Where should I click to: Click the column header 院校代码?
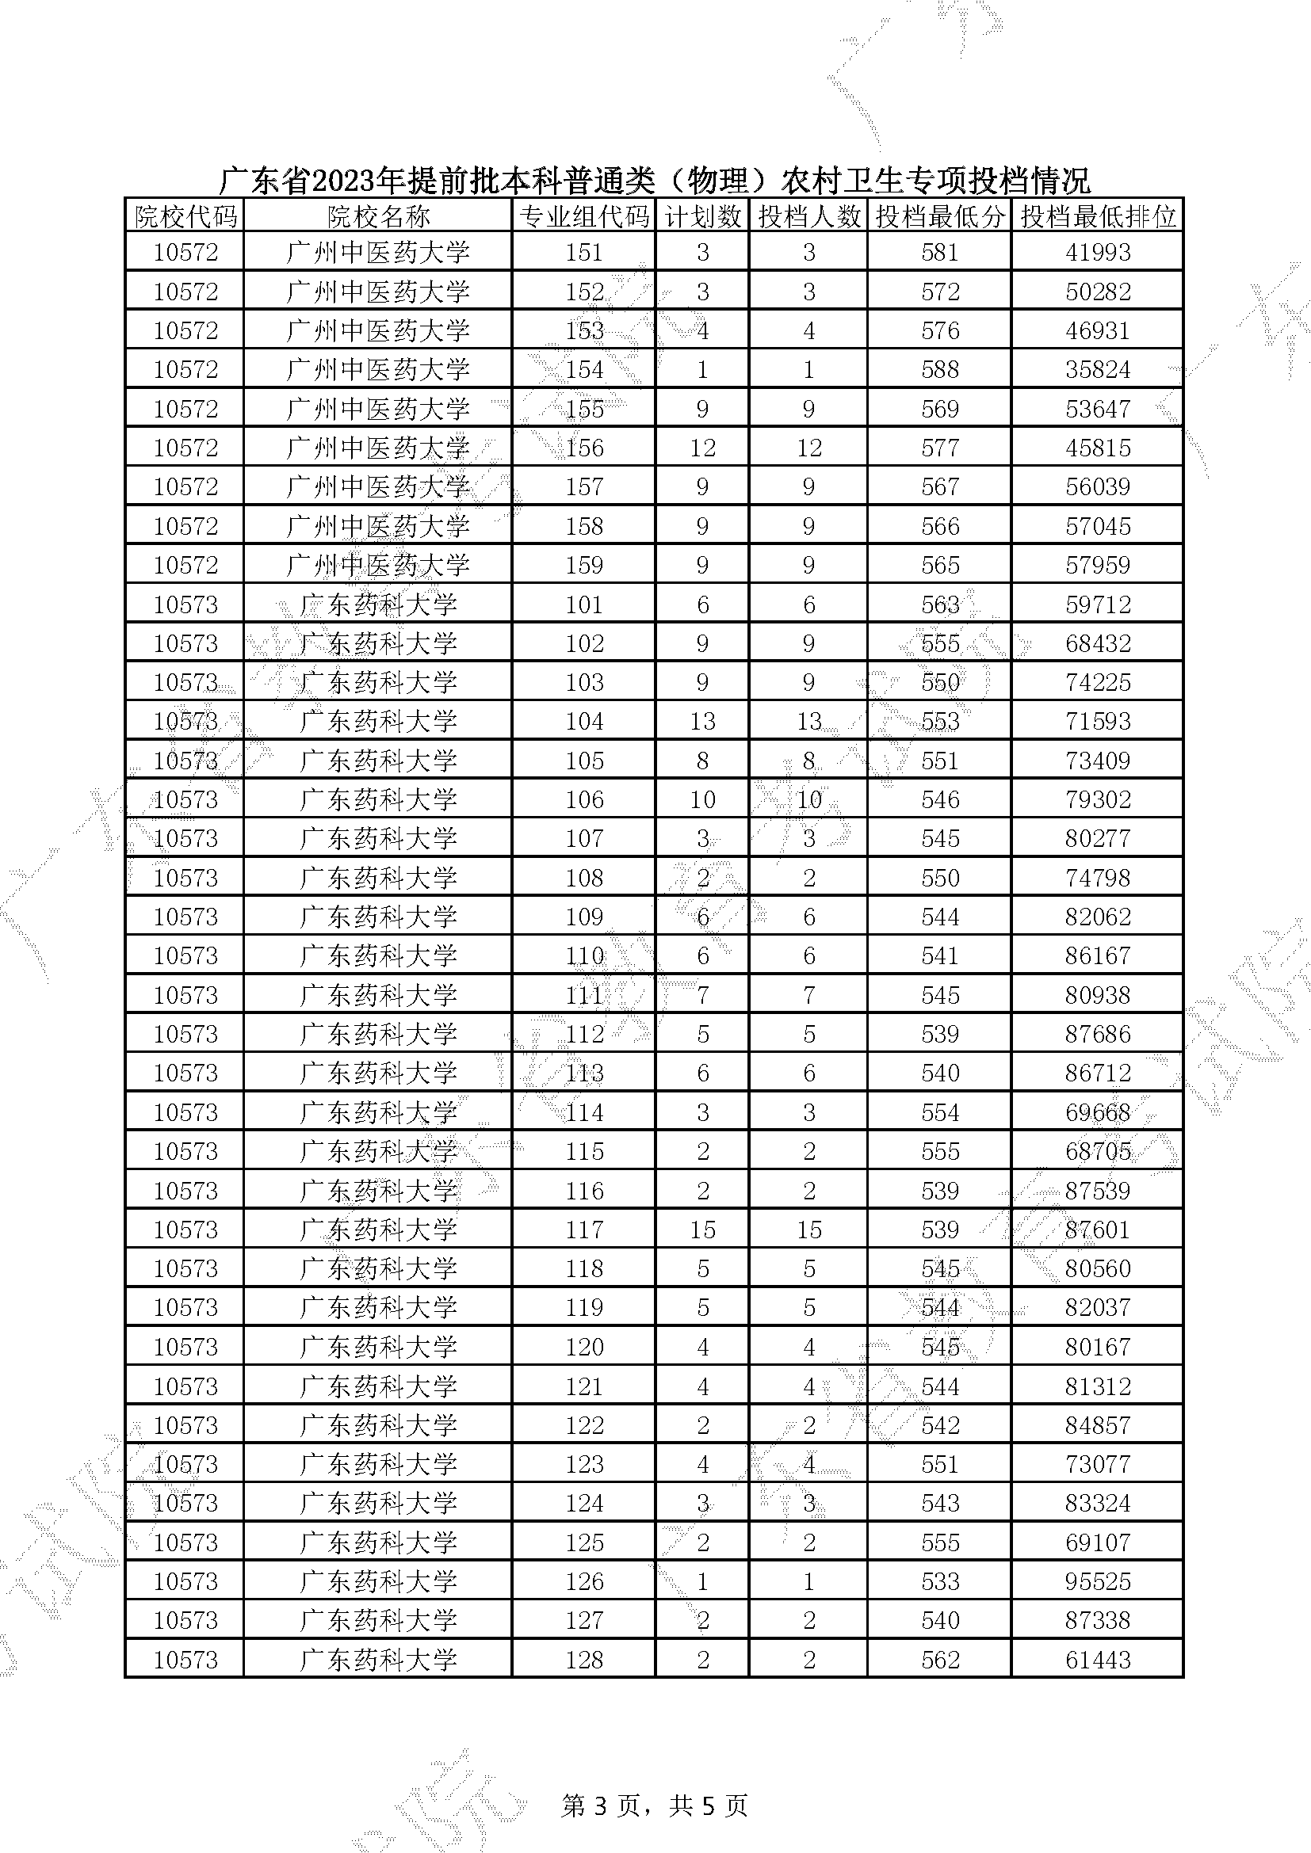[185, 216]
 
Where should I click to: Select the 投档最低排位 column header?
[1098, 216]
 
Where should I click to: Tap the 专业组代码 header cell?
[583, 216]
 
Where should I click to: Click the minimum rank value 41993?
[1098, 253]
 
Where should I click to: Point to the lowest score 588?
[941, 370]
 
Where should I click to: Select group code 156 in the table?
[583, 448]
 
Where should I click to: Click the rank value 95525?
[1098, 1581]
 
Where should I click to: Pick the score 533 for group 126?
[941, 1581]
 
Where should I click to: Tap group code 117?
[583, 1230]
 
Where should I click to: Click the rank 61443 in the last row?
[1098, 1660]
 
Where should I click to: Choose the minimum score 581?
[941, 253]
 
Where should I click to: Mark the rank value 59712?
[1098, 604]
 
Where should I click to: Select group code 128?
[583, 1660]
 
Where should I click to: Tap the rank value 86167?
[1098, 955]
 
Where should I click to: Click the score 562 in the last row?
[941, 1660]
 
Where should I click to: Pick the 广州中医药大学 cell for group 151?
[378, 253]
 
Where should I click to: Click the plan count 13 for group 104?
[702, 722]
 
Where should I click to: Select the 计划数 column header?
[702, 216]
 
